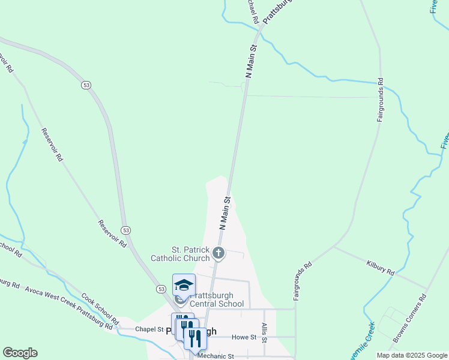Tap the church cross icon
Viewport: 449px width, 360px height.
pos(219,253)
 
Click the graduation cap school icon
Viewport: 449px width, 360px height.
pos(184,284)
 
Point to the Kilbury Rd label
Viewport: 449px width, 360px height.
pos(381,268)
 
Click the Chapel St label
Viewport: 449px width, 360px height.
pos(149,329)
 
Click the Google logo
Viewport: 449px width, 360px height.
pos(20,353)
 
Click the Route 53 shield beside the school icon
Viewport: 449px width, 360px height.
pos(161,289)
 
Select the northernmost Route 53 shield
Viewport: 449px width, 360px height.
pos(86,86)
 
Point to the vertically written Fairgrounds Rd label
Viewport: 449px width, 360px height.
pos(380,100)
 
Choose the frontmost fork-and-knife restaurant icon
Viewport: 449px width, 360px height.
pos(195,338)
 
